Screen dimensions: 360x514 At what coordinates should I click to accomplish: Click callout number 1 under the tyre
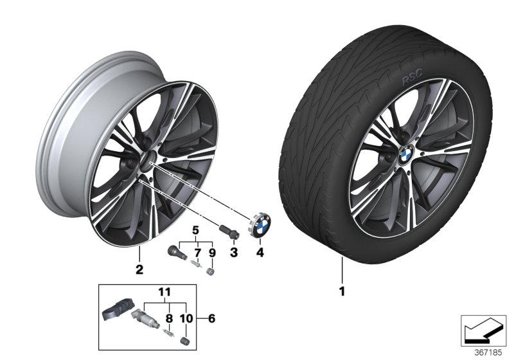coord(342,292)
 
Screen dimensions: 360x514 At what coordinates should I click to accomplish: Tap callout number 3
coord(234,253)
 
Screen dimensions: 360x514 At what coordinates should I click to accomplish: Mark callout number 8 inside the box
coord(169,318)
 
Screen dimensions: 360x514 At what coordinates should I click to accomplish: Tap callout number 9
coord(213,253)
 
